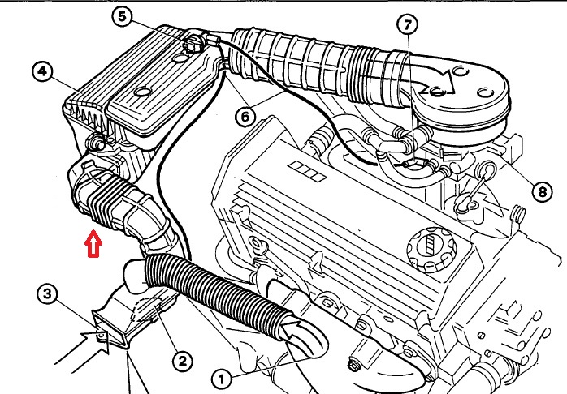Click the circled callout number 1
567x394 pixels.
[x=221, y=379]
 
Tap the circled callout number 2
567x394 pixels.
[x=182, y=361]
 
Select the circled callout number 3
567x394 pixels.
[x=48, y=293]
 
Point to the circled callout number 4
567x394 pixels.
[x=43, y=71]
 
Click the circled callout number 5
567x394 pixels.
[x=122, y=16]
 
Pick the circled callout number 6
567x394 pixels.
[x=245, y=117]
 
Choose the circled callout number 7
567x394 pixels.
[x=407, y=24]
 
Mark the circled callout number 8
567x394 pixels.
[x=542, y=191]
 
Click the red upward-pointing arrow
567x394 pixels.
[x=93, y=244]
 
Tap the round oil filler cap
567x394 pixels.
[x=431, y=250]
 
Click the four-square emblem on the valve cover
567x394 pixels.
[x=307, y=171]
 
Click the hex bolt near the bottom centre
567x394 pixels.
[x=353, y=365]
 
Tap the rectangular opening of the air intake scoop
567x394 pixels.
[x=110, y=329]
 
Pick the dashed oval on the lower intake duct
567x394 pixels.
[x=146, y=309]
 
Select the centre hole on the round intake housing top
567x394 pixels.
[x=437, y=92]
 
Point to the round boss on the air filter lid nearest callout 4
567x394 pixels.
[x=141, y=92]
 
